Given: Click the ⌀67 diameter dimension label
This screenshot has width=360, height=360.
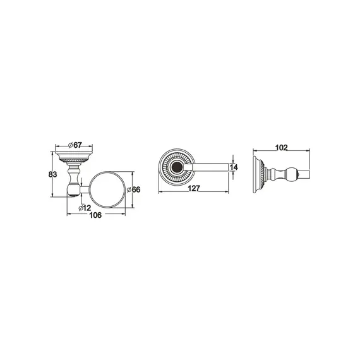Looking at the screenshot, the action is pos(75,145).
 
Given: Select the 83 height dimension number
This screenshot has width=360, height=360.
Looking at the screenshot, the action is pos(52,174).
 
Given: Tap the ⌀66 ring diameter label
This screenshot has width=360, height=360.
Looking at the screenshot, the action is pos(133,189).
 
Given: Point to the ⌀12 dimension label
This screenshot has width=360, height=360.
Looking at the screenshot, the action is pos(85,208).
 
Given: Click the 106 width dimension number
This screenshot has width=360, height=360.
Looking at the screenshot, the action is pos(95,215).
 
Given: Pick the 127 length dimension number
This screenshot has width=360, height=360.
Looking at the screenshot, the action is pos(194,188).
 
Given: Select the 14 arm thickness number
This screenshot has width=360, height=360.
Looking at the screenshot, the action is pos(234,167).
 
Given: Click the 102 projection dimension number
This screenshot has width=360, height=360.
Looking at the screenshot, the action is pos(282,147).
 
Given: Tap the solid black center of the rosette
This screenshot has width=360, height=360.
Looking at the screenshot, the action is pos(177,167).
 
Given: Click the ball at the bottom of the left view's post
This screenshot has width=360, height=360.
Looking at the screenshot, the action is pos(73,190).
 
